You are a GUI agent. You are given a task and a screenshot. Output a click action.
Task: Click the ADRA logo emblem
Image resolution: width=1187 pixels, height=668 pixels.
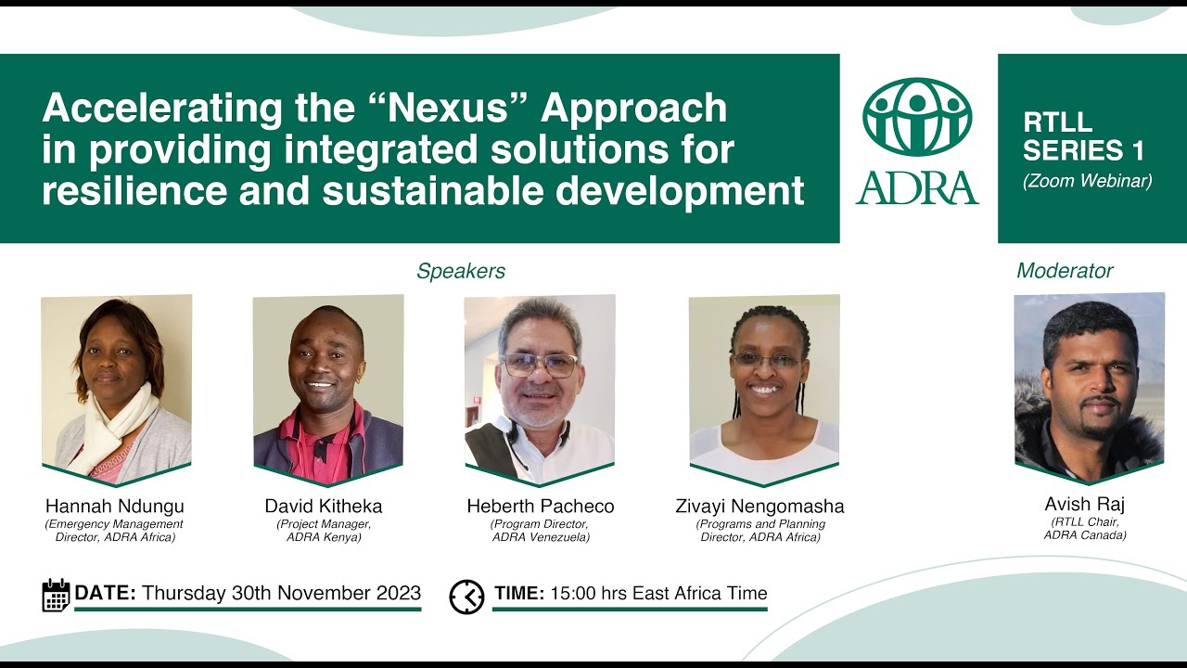(x=916, y=117)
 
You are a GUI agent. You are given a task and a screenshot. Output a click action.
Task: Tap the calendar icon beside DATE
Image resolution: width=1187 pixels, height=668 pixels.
(x=56, y=595)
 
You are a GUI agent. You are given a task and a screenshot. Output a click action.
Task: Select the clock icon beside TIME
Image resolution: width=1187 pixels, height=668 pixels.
(x=466, y=596)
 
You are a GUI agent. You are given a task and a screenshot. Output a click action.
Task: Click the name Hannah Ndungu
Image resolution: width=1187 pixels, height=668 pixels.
(x=115, y=507)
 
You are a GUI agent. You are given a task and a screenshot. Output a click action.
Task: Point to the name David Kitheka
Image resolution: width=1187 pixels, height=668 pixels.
(x=324, y=507)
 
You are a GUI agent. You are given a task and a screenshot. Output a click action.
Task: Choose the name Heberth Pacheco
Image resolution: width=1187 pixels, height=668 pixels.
(x=540, y=507)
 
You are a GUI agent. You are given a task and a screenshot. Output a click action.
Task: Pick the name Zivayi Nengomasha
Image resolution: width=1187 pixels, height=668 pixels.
(x=759, y=507)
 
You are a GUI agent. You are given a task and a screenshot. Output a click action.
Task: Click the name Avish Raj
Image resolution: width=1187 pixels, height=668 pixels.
(x=1084, y=506)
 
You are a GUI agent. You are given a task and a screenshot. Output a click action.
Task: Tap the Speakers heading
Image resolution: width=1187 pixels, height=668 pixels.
(x=461, y=271)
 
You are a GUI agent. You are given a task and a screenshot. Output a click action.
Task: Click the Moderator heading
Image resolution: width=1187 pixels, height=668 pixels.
(x=1065, y=271)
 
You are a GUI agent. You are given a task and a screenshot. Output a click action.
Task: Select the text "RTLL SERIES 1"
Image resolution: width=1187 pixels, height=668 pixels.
(x=1083, y=136)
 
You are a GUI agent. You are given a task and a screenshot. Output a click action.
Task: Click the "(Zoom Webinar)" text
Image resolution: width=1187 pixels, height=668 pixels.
(x=1087, y=181)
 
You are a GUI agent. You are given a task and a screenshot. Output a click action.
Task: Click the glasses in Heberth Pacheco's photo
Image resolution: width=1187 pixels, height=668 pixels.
(x=539, y=365)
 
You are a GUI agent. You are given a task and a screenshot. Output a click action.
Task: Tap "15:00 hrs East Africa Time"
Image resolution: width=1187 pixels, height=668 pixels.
(x=658, y=594)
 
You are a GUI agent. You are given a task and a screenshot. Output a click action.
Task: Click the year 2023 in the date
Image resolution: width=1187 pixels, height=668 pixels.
(x=393, y=594)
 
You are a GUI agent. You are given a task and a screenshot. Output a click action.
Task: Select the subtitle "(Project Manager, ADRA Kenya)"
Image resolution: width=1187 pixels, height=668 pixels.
(x=324, y=531)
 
